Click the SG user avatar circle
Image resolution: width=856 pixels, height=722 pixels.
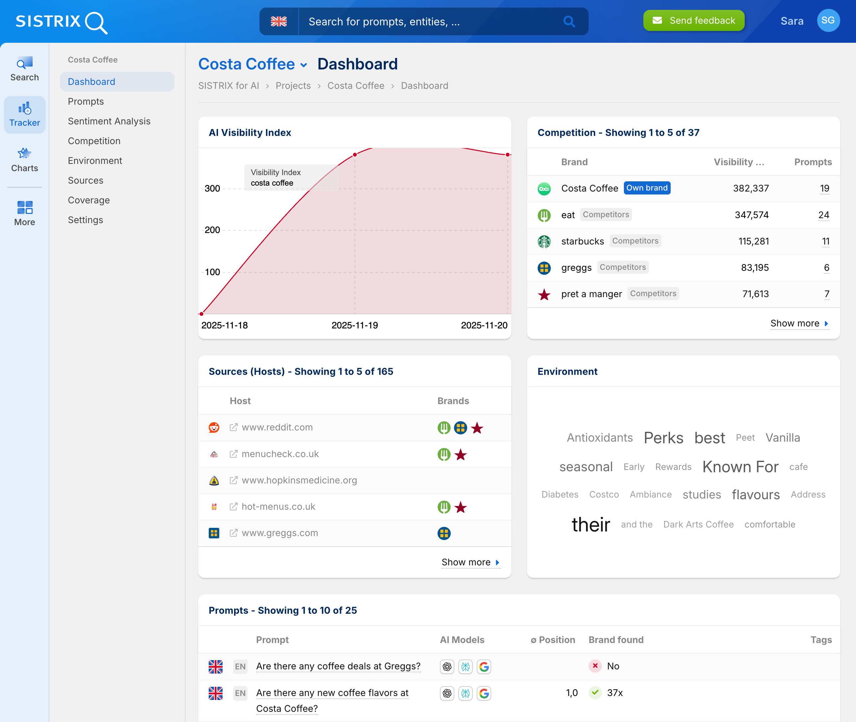pos(828,20)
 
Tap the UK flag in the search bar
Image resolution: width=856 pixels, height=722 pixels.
pos(279,21)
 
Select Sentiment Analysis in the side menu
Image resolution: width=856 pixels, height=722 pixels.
pos(109,121)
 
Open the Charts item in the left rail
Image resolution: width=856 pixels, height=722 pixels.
pos(25,160)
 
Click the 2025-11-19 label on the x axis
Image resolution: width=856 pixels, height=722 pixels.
pos(355,325)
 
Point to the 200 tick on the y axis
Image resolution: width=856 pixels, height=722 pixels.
pos(212,230)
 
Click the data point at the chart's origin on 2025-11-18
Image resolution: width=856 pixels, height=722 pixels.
pos(201,314)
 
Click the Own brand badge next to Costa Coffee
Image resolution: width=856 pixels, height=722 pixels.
pos(647,188)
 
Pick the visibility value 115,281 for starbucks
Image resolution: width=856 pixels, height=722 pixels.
pos(753,242)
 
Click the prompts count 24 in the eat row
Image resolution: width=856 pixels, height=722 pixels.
pos(823,215)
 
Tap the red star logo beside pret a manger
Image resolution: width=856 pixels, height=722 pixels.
pos(544,294)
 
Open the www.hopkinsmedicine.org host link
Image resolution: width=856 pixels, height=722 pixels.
pos(299,480)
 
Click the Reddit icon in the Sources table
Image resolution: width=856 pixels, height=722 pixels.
pos(214,427)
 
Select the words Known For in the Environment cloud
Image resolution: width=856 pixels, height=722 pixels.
pos(740,467)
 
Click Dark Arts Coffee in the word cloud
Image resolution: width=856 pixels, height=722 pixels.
pos(698,524)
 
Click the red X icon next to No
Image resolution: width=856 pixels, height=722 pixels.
pos(595,666)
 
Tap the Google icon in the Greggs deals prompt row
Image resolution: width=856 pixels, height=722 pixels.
pos(484,667)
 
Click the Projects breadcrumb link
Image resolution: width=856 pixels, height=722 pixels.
pos(293,86)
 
